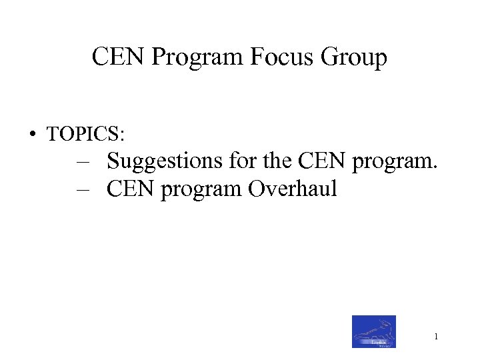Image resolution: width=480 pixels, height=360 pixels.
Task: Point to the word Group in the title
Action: click(353, 59)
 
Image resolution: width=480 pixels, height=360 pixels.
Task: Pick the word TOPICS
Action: click(82, 134)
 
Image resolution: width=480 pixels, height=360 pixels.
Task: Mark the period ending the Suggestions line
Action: click(435, 168)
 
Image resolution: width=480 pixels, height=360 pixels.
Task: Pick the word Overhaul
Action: click(293, 189)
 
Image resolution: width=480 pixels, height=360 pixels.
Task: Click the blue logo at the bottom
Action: click(374, 331)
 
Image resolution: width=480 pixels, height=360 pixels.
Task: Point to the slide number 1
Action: click(435, 337)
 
